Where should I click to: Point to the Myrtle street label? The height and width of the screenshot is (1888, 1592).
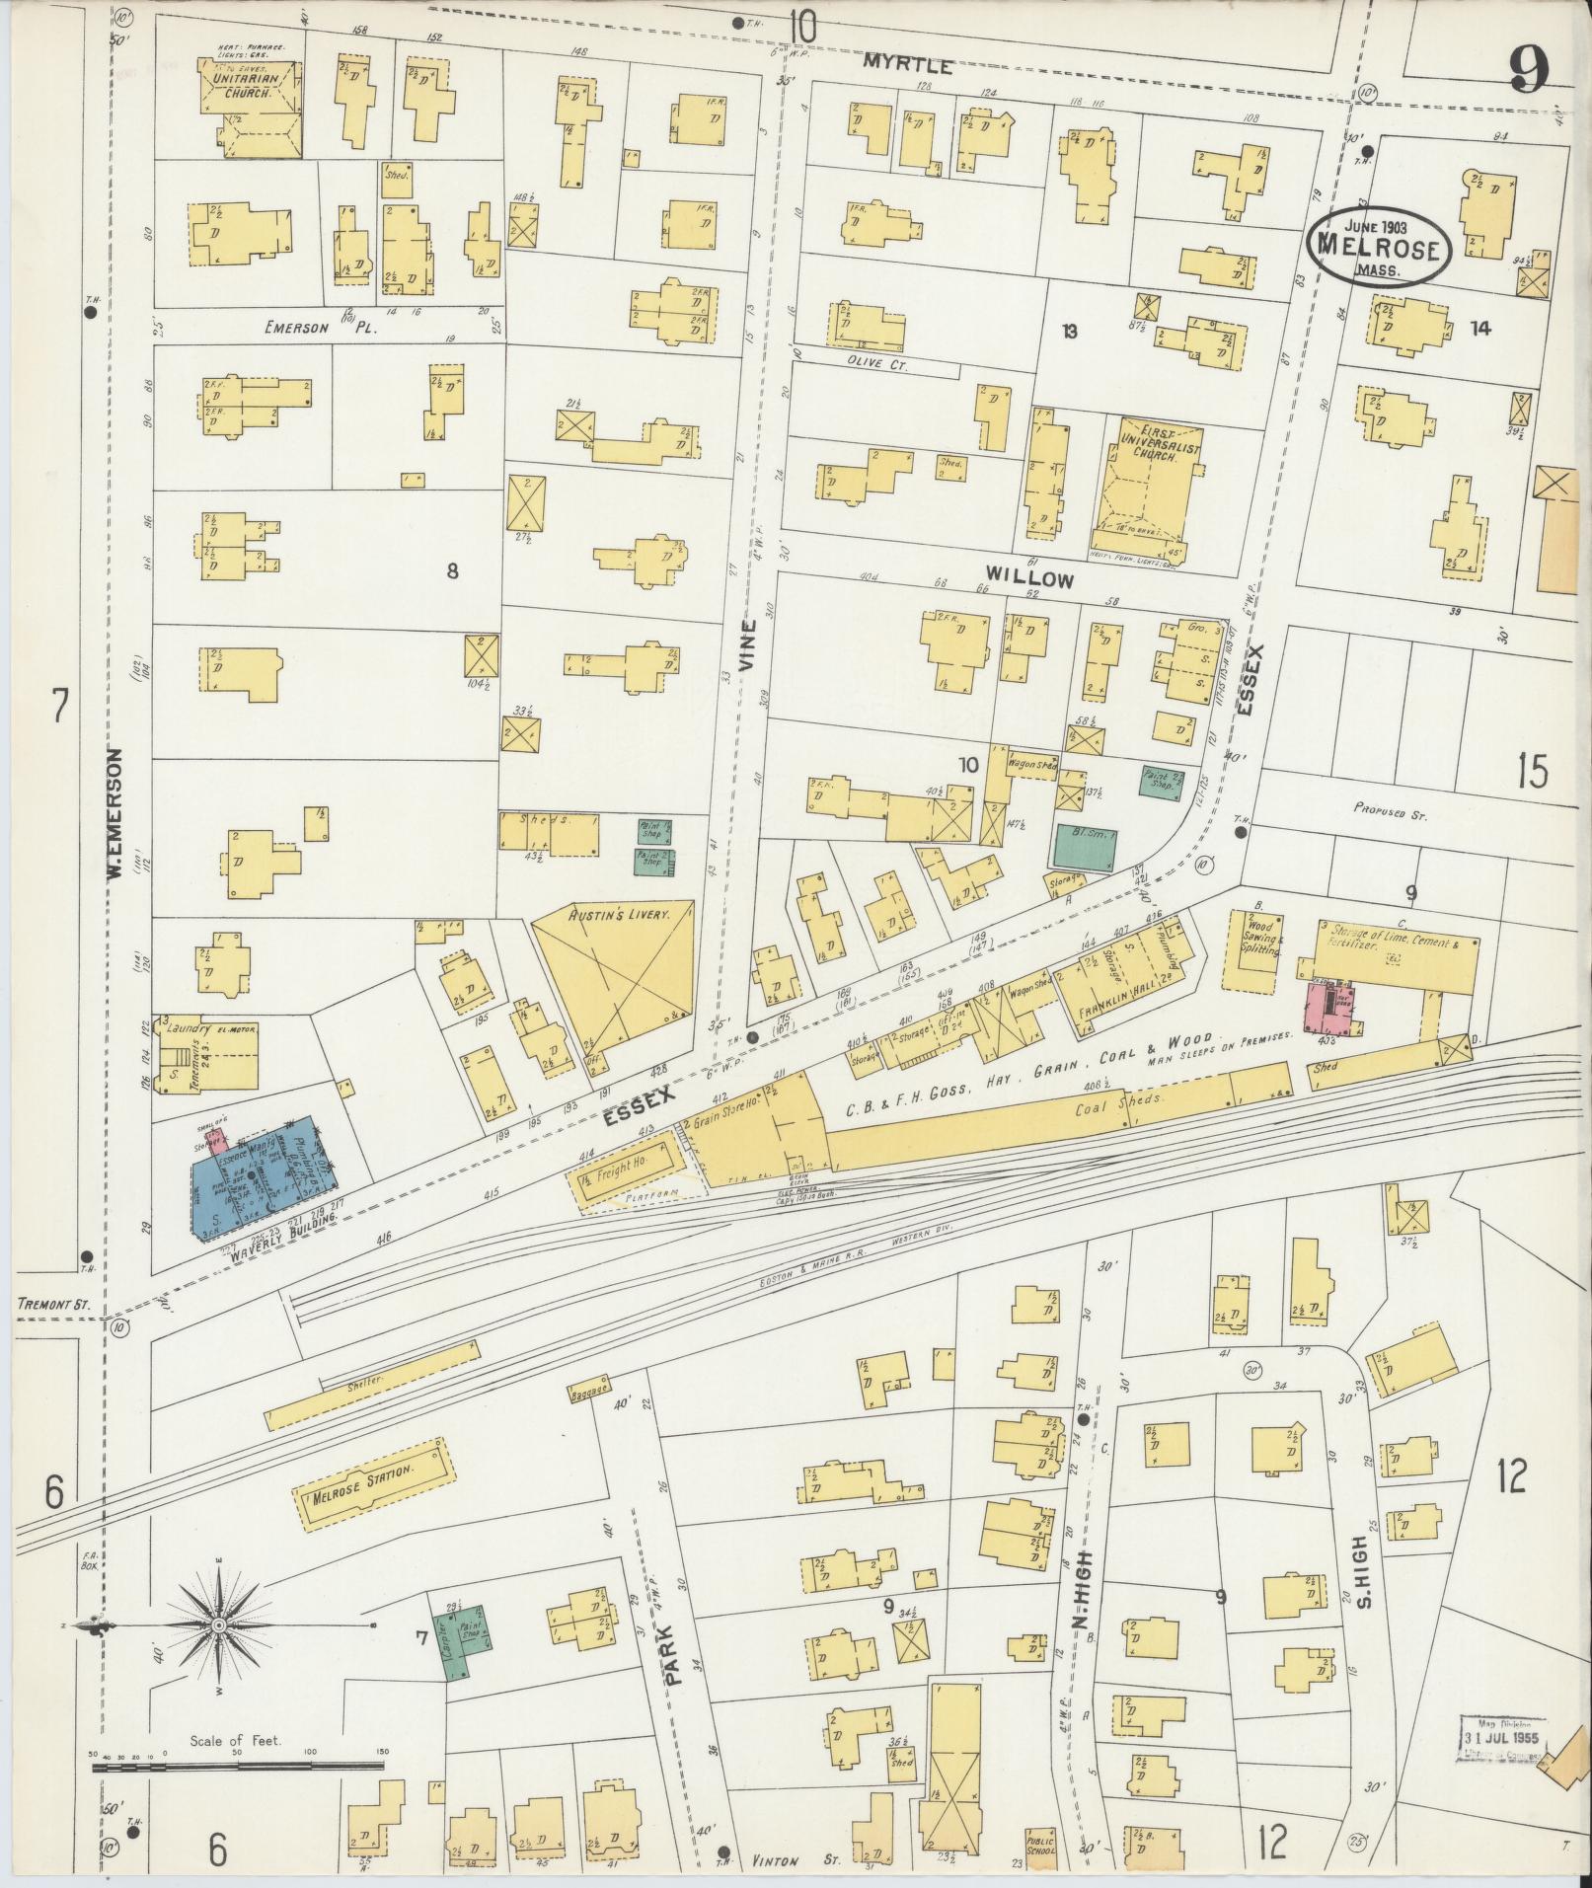[908, 66]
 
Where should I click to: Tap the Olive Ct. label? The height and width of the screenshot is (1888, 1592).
[869, 362]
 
